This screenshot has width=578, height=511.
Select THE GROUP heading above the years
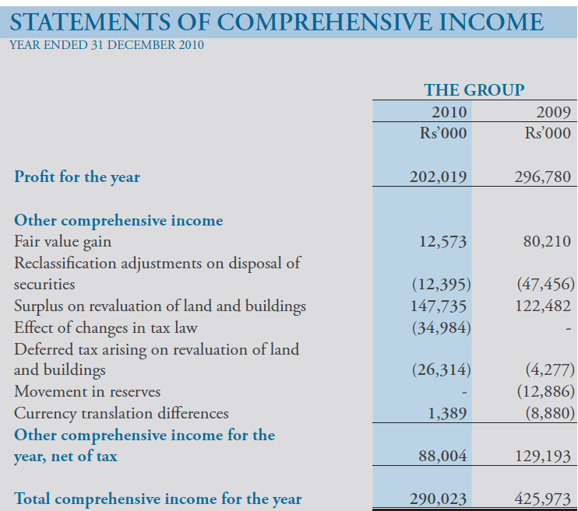pos(474,90)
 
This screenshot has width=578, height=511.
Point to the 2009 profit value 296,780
pos(543,177)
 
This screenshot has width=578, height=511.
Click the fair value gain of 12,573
pos(442,242)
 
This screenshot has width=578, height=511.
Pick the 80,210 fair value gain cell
pos(548,242)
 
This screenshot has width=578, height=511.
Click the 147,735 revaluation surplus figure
pos(439,306)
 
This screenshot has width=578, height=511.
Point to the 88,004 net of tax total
pos(442,457)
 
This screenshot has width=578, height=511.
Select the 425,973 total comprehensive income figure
pos(543,499)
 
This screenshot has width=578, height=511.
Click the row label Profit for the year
pos(77,177)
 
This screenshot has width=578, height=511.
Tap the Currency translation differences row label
pos(122,414)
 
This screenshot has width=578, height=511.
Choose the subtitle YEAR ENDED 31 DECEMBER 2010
pos(106,45)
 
